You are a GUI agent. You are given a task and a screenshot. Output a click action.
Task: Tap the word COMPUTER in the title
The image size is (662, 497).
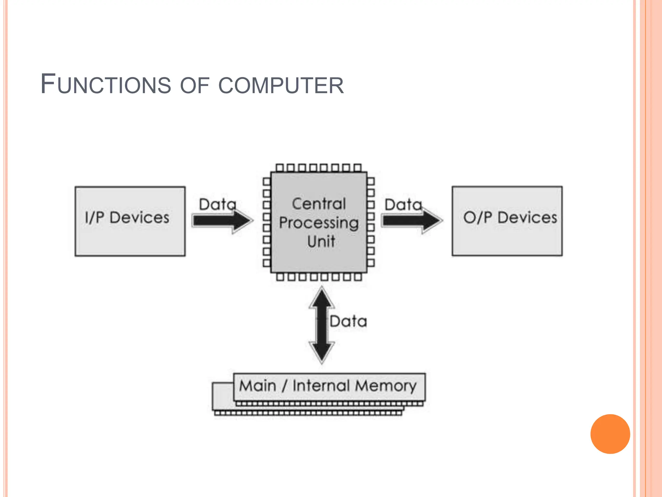click(281, 85)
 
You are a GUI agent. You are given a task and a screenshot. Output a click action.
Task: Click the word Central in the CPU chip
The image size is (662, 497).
click(319, 204)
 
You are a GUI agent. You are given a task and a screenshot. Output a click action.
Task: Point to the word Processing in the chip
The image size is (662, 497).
click(319, 223)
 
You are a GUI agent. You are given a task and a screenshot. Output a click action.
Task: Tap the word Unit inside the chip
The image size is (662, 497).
click(321, 241)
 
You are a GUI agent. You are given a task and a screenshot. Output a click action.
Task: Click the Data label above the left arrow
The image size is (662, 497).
click(218, 204)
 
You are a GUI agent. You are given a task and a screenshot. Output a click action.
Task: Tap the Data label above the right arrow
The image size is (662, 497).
click(403, 205)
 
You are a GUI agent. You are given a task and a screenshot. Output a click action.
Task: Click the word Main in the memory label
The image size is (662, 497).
click(258, 386)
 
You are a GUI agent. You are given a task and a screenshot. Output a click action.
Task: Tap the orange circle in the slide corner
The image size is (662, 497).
click(610, 434)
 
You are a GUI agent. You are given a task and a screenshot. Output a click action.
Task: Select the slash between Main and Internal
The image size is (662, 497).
click(284, 386)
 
